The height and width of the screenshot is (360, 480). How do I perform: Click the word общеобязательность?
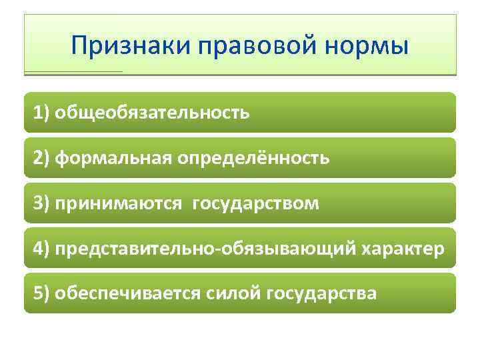click(153, 112)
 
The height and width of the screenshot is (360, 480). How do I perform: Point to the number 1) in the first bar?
click(42, 112)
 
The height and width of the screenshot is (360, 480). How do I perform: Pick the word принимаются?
click(118, 203)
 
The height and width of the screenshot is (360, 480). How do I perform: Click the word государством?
click(256, 203)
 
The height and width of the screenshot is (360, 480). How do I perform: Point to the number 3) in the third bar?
click(42, 203)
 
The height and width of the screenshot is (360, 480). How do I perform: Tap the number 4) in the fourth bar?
click(42, 248)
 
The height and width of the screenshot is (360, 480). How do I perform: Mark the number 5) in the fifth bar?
click(42, 293)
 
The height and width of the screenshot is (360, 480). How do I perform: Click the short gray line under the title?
click(73, 71)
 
